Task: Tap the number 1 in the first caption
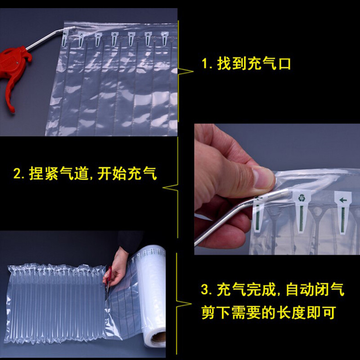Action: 205,64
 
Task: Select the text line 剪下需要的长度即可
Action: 269,313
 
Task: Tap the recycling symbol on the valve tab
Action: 301,197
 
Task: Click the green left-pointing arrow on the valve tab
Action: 343,199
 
